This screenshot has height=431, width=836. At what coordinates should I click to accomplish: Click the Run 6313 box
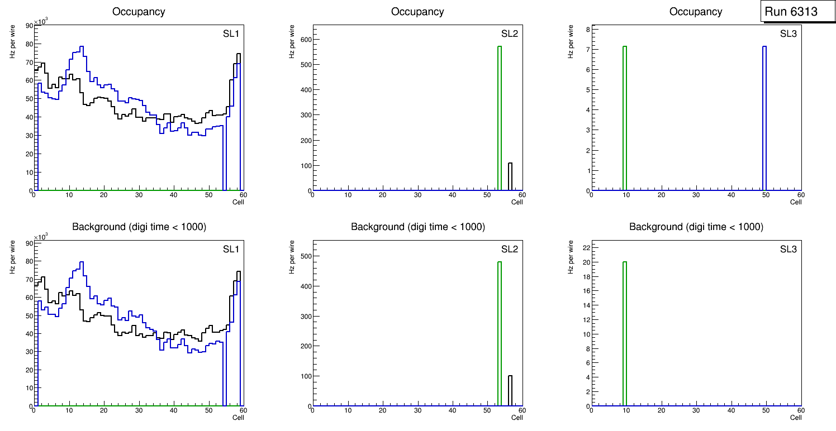tap(791, 12)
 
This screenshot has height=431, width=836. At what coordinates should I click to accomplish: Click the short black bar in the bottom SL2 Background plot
tap(510, 391)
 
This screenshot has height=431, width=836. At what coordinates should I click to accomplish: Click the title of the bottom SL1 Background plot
tap(139, 227)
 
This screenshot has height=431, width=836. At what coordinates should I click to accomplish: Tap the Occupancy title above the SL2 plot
tap(417, 11)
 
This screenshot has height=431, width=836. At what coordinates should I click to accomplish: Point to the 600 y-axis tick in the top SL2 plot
tap(304, 39)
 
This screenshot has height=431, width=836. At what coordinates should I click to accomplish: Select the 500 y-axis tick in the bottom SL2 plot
tap(304, 256)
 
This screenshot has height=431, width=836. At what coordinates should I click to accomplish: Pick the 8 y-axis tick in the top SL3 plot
tap(585, 29)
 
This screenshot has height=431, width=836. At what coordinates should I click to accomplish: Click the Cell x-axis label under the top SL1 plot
tap(239, 202)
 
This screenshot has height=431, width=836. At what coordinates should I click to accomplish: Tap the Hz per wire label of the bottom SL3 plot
tap(571, 257)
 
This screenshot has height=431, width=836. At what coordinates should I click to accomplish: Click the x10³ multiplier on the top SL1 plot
tap(41, 21)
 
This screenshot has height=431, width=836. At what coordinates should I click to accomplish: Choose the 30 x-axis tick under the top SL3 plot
tap(696, 195)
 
